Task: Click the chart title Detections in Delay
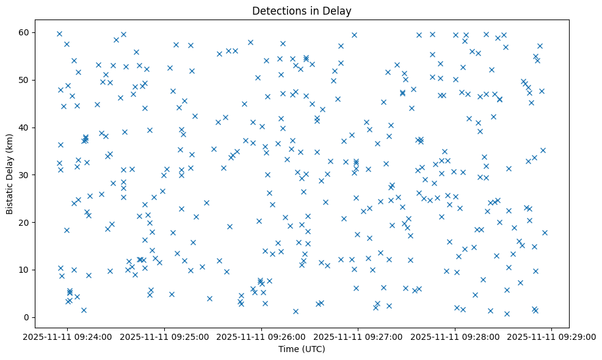point(302,11)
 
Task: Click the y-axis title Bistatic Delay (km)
point(10,174)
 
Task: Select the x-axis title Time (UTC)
point(302,349)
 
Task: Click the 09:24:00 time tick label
point(68,336)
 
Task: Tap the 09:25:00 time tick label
point(165,336)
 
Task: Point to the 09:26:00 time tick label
point(261,336)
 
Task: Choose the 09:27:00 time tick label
point(358,336)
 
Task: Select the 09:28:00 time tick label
point(455,336)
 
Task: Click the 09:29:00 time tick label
point(552,336)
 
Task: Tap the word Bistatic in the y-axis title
point(10,200)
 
